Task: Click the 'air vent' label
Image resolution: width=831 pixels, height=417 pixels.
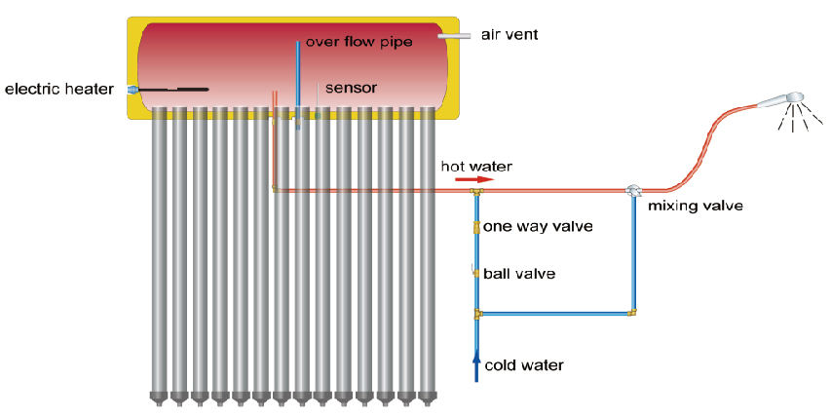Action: (510, 35)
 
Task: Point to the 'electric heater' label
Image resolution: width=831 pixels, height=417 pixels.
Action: (59, 90)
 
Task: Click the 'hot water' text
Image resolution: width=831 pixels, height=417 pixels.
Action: (476, 166)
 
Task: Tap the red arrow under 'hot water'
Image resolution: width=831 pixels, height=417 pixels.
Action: (474, 179)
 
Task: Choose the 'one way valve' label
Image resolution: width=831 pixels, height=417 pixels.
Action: (539, 226)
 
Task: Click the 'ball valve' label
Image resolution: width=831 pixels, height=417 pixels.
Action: (520, 274)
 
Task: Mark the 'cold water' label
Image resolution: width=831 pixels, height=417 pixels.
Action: (524, 365)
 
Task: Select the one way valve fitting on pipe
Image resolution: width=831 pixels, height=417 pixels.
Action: (476, 227)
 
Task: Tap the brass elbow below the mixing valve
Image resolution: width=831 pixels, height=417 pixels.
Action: (633, 313)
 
